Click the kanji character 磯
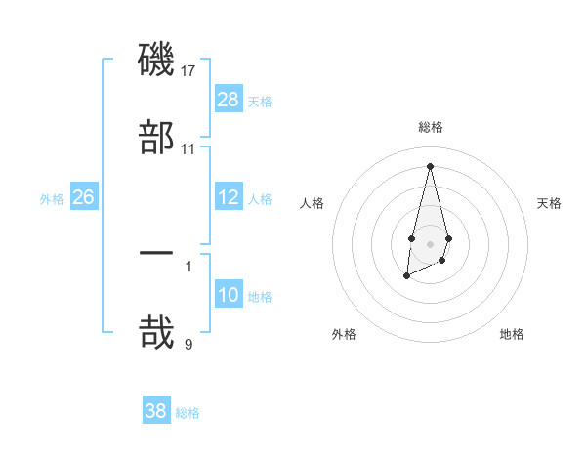(x=156, y=60)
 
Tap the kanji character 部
(x=156, y=137)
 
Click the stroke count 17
(x=189, y=71)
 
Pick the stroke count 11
(x=188, y=149)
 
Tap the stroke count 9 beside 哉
(x=188, y=343)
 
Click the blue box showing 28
(x=229, y=100)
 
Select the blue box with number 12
(x=229, y=197)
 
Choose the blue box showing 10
(x=229, y=295)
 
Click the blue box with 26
(x=83, y=197)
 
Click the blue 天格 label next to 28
(x=260, y=101)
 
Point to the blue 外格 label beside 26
(x=52, y=198)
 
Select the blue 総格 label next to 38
(x=188, y=412)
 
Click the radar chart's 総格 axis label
(x=430, y=127)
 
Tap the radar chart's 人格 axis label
(x=313, y=203)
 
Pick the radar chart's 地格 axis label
(x=512, y=334)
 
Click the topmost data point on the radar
(x=430, y=165)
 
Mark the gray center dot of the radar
(x=430, y=242)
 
